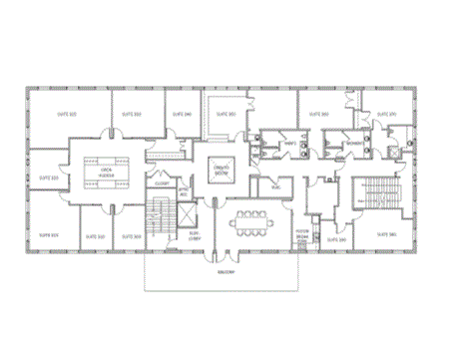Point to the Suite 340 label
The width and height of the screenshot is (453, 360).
click(x=183, y=115)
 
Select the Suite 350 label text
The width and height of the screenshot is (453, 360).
click(x=226, y=115)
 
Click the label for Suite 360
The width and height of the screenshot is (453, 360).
click(x=319, y=115)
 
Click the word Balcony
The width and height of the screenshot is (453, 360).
click(x=227, y=270)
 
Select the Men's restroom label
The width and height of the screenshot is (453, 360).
click(x=290, y=145)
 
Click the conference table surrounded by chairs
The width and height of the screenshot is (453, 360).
click(x=246, y=222)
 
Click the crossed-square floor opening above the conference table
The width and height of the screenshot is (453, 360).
click(x=224, y=170)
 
